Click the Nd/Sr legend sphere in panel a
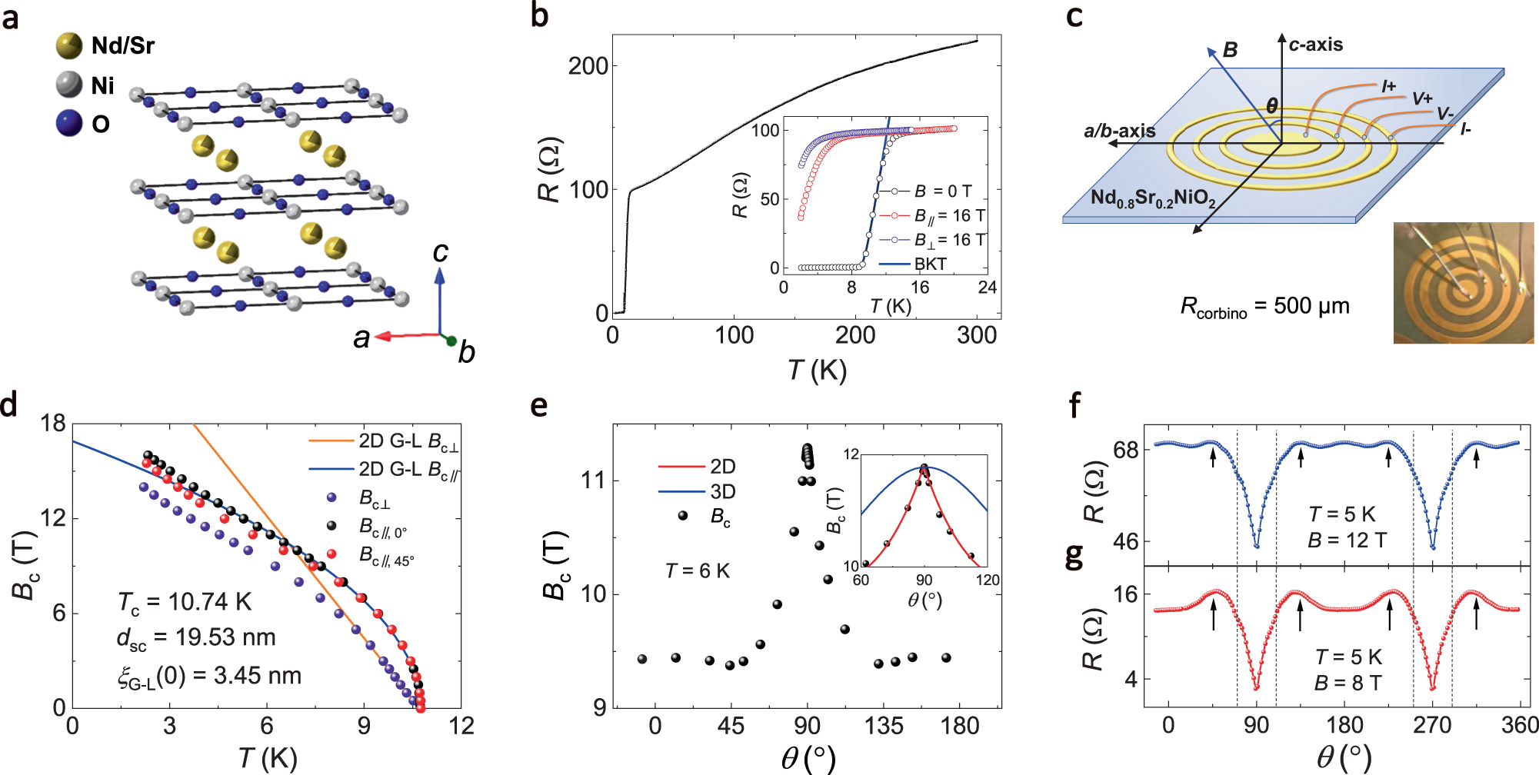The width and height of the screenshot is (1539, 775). (69, 45)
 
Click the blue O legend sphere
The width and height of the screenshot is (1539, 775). (69, 123)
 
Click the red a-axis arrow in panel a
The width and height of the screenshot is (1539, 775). (404, 336)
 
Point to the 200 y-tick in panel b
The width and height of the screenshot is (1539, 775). (588, 66)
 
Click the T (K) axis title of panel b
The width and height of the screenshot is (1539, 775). (817, 371)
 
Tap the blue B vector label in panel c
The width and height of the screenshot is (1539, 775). (1230, 50)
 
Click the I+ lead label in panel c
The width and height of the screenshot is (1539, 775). (1387, 86)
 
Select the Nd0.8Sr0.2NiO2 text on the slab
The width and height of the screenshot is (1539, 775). (1152, 198)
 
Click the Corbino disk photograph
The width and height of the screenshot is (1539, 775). (1463, 283)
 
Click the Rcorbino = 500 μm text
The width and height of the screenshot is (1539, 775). (1264, 307)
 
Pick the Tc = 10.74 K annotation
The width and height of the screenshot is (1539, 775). (185, 602)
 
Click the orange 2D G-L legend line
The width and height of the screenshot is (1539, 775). (331, 441)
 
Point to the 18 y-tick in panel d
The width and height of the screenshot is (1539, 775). (52, 423)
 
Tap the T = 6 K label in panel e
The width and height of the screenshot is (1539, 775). (697, 570)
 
